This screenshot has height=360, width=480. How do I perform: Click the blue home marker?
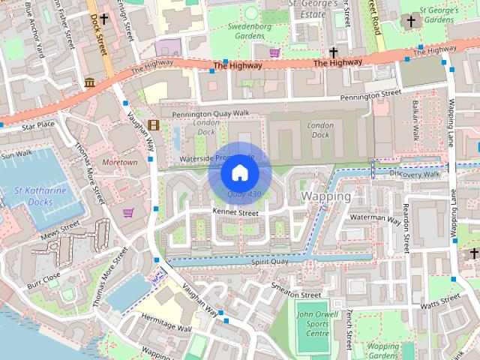coord(239,173)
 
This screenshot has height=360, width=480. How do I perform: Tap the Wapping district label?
coord(325,196)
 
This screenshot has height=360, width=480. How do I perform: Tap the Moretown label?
coord(119,162)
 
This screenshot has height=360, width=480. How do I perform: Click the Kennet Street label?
coord(235,213)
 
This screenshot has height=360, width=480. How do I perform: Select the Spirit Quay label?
coord(270,262)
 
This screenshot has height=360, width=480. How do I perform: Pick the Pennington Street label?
coord(370,95)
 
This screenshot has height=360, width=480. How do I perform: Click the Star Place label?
coord(38,124)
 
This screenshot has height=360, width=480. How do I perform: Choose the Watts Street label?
coord(440,301)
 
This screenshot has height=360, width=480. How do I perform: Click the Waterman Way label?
coord(376,219)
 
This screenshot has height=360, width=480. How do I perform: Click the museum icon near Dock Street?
coord(89,82)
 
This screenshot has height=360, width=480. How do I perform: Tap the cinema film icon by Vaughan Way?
coord(153,125)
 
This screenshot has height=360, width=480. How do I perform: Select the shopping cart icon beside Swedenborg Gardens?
coord(274,52)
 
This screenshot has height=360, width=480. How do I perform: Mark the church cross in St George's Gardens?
coord(411,22)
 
